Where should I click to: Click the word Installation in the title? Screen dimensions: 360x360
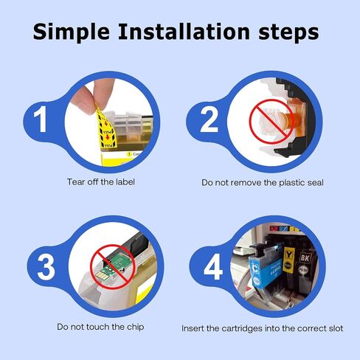point(184,32)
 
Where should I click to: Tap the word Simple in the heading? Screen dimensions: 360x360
point(72,32)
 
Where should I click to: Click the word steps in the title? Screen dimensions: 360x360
point(288,33)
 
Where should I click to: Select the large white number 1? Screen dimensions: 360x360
point(40,120)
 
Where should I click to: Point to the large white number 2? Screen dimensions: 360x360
point(209,120)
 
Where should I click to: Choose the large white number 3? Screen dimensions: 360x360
point(46,267)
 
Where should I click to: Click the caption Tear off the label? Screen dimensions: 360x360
point(101,182)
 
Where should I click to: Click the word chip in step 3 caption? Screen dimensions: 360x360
point(135,328)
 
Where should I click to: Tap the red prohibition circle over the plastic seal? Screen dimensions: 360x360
point(271,122)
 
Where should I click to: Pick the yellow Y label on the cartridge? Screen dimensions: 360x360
point(288,255)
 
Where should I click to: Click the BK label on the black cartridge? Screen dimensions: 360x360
point(305,257)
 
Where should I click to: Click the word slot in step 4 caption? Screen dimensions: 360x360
point(336,328)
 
